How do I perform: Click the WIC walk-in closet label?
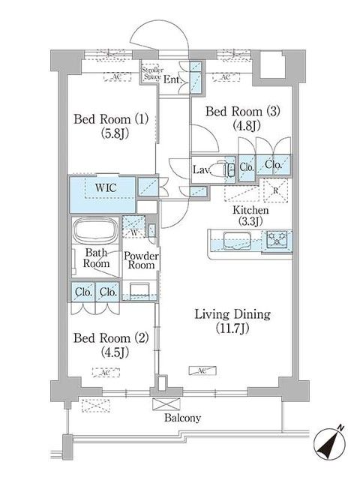(106, 187)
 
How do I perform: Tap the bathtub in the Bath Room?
(96, 230)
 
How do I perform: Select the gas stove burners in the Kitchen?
(277, 239)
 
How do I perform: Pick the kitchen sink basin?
(237, 240)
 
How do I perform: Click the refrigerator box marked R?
(275, 190)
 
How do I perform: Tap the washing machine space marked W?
(134, 226)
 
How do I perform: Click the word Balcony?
(182, 418)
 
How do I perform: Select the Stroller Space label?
(153, 73)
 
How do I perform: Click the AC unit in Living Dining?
(202, 370)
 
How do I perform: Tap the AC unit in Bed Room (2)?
(106, 372)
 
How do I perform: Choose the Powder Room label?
(141, 260)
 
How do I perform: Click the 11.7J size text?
(232, 328)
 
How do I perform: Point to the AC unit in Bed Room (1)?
(117, 76)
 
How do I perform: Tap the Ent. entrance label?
(173, 80)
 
